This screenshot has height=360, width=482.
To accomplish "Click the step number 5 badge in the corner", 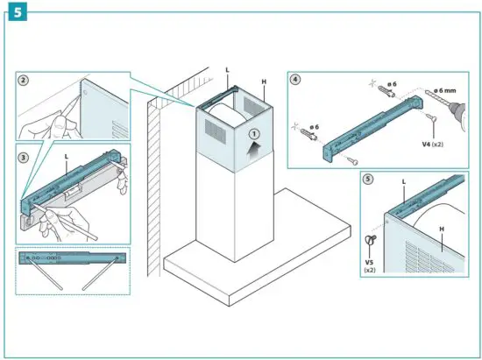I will click(x=14, y=12).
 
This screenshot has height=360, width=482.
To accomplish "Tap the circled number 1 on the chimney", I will click(x=253, y=135).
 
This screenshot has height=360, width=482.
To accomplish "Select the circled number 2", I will click(x=25, y=80).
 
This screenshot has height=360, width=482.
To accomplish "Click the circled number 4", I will click(x=296, y=81).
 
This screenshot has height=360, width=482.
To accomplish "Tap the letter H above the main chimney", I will click(x=264, y=81).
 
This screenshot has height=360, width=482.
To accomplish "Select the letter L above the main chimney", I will click(x=228, y=69).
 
